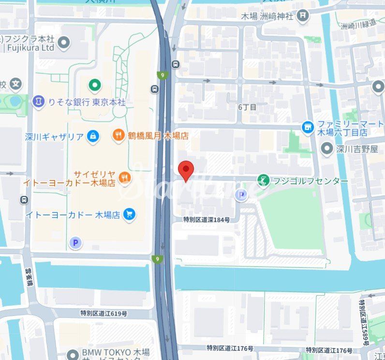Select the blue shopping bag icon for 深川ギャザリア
93,137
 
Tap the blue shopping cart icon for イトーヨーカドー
129,214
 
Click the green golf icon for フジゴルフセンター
264,180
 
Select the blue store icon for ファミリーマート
308,127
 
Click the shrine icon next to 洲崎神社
303,16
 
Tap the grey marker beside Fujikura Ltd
63,44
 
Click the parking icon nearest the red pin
240,195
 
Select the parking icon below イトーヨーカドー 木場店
74,243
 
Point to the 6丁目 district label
247,106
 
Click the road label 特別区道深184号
206,219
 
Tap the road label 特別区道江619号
104,313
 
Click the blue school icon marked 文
16,85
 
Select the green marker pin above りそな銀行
95,86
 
